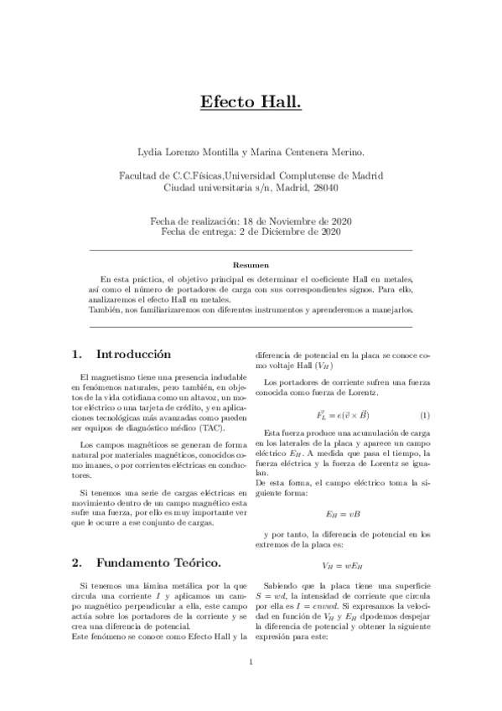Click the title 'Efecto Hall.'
coord(251,102)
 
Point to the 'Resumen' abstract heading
coord(251,263)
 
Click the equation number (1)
coord(424,415)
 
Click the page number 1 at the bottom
coord(251,686)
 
